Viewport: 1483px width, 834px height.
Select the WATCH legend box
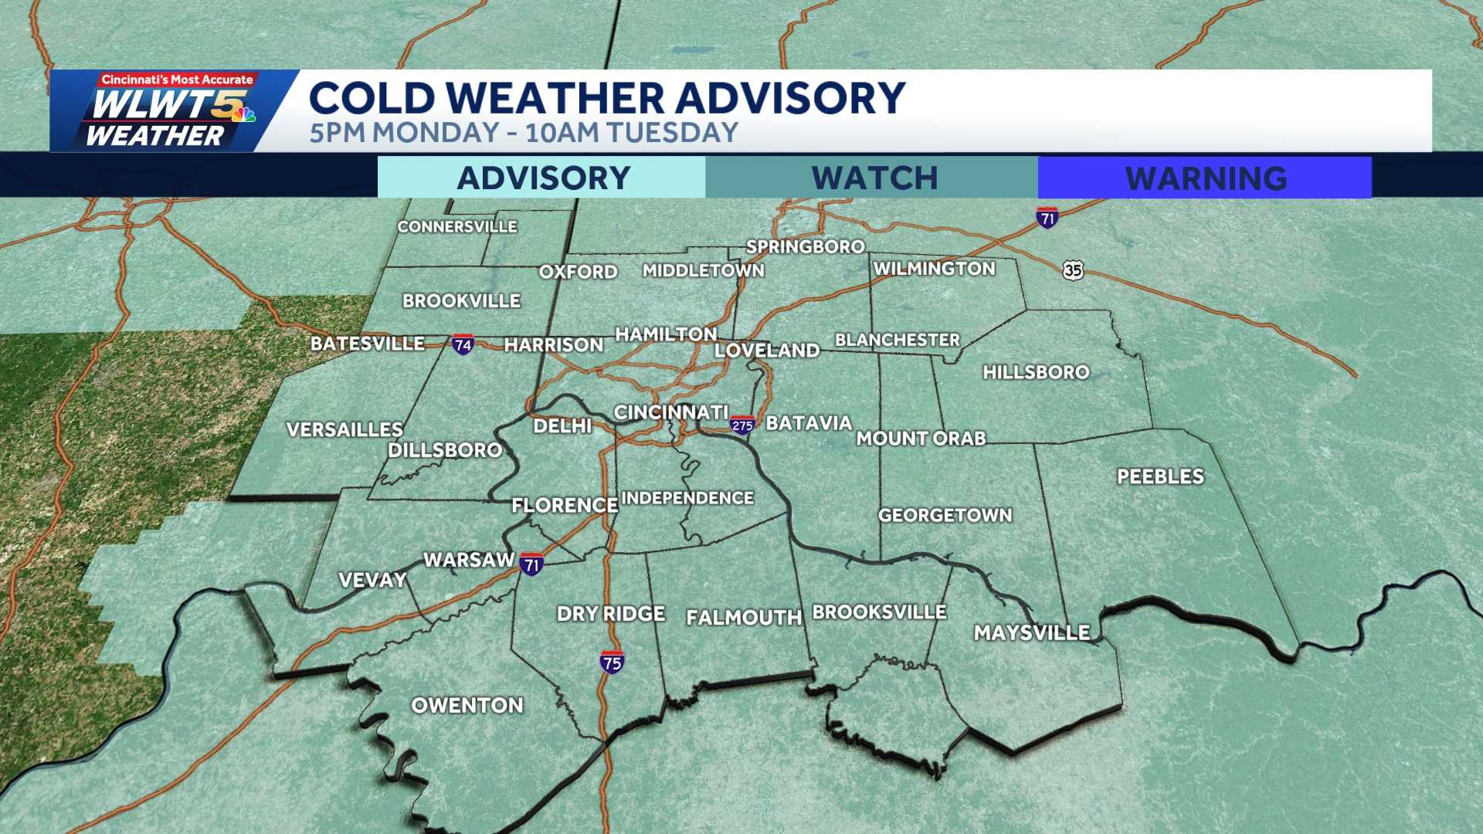(x=873, y=178)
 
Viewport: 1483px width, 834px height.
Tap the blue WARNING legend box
(x=1205, y=178)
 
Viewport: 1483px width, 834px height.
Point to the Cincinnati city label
(x=670, y=412)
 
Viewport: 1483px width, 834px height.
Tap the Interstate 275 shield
(x=742, y=425)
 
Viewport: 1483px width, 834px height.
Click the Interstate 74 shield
(x=463, y=344)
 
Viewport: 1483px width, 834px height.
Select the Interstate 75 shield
(x=612, y=662)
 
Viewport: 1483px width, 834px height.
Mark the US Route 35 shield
(x=1073, y=270)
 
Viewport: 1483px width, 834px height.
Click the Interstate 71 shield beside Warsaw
(x=531, y=564)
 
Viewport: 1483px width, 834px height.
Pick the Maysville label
(x=1032, y=633)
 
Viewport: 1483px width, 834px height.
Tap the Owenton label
(x=467, y=705)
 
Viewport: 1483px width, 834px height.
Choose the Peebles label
(x=1160, y=476)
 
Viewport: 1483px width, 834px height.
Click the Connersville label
(x=457, y=226)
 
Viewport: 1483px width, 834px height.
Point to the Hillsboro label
(x=1036, y=372)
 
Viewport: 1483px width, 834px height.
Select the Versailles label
(x=344, y=429)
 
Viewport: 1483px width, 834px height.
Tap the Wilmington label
(x=935, y=269)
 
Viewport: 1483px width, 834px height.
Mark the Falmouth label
(x=744, y=618)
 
